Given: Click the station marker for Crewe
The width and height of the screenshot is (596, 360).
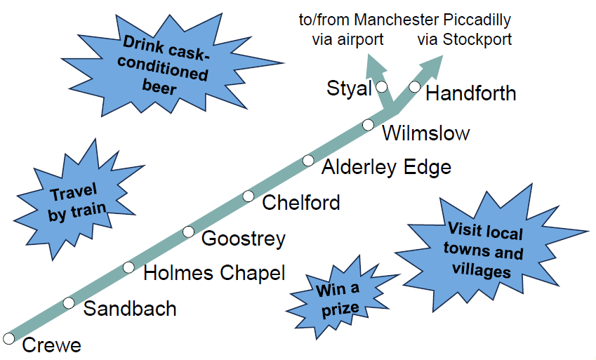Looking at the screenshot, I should tap(8, 338).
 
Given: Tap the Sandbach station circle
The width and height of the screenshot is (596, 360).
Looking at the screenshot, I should tap(68, 303).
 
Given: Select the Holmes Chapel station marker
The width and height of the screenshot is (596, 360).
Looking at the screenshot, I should tap(128, 267).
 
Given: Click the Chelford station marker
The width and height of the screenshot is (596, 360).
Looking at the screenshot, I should tap(248, 196).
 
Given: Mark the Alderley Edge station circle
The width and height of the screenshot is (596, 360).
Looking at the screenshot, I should tap(308, 161).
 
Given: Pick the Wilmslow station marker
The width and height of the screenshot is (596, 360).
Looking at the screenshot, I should tap(368, 125).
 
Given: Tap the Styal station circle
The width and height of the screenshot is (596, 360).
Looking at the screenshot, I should tap(382, 87).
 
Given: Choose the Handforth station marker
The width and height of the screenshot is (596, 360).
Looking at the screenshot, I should tap(414, 87).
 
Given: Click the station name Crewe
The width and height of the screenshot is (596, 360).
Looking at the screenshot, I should tap(52, 345).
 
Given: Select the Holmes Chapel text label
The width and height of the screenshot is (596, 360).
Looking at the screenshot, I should tap(214, 274).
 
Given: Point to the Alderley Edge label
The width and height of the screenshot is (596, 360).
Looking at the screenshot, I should tap(386, 167).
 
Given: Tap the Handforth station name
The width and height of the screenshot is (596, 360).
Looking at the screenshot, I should tap(471, 93).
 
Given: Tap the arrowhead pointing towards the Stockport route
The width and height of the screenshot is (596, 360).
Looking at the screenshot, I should tap(431, 67).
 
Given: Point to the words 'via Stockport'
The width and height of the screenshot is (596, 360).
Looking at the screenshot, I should tap(465, 39).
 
